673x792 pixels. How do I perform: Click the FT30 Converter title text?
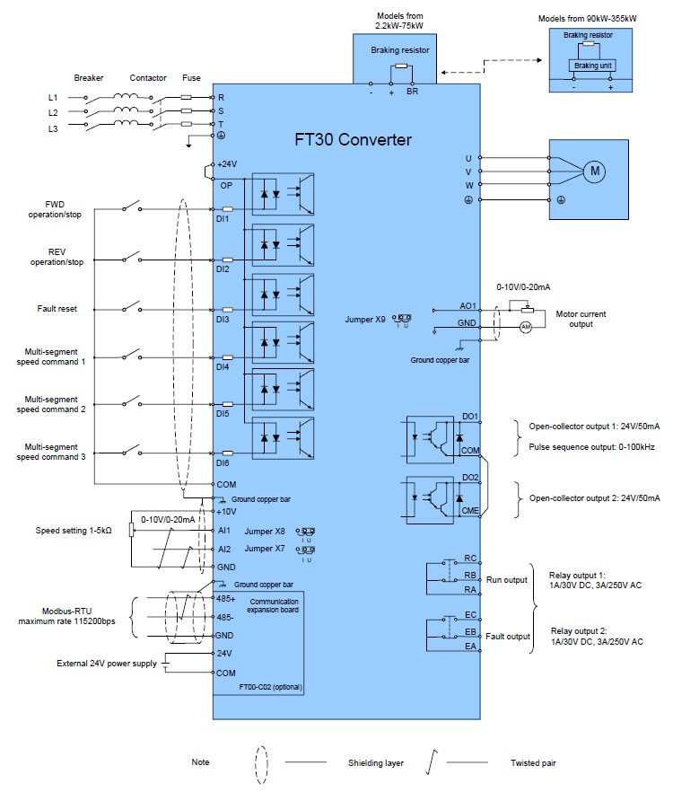pyautogui.click(x=354, y=140)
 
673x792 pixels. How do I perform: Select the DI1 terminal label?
pyautogui.click(x=224, y=218)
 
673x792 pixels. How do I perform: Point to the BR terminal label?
pyautogui.click(x=412, y=92)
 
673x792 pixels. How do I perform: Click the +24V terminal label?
pyautogui.click(x=228, y=164)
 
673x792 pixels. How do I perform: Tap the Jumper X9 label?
pyautogui.click(x=367, y=319)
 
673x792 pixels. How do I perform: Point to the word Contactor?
pyautogui.click(x=148, y=78)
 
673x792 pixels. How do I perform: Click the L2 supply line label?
pyautogui.click(x=53, y=112)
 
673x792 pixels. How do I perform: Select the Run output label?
pyautogui.click(x=507, y=580)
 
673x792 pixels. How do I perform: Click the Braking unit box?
pyautogui.click(x=589, y=65)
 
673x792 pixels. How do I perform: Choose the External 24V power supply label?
pyautogui.click(x=106, y=664)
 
